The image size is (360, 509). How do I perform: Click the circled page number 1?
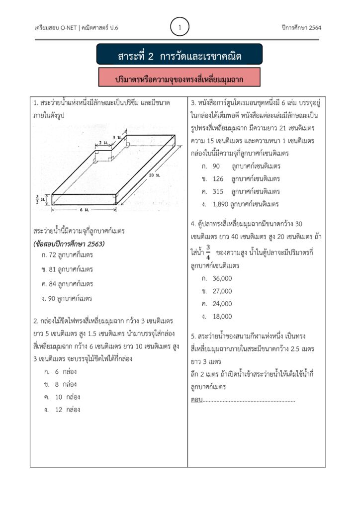coord(180,27)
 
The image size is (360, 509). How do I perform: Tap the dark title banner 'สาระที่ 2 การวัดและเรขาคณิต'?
coord(180,56)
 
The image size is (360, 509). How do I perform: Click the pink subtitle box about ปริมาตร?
coord(180,79)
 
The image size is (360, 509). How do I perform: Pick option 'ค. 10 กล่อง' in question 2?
coord(62,397)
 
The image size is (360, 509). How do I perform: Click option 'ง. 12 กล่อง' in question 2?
coord(62,410)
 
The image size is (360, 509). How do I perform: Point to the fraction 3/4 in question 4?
coord(208,253)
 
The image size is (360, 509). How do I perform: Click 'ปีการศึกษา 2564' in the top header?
coord(301,27)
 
